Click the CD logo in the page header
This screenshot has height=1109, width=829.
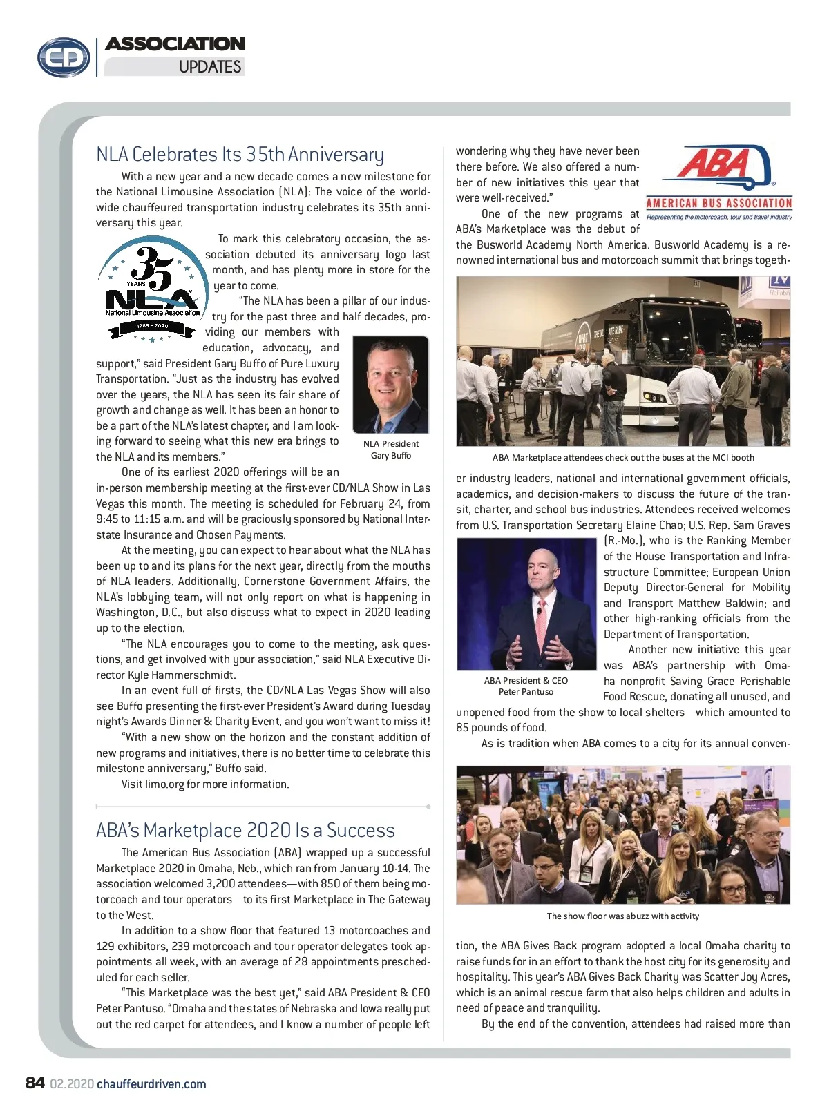pyautogui.click(x=64, y=57)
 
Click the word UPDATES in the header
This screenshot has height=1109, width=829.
pyautogui.click(x=209, y=67)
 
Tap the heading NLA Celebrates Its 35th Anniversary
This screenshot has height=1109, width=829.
pyautogui.click(x=240, y=154)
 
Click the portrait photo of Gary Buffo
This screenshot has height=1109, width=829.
pyautogui.click(x=390, y=385)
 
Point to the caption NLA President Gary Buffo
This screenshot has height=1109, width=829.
pyautogui.click(x=391, y=450)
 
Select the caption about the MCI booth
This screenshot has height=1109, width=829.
pyautogui.click(x=622, y=457)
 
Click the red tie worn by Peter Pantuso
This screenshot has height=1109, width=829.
pyautogui.click(x=541, y=615)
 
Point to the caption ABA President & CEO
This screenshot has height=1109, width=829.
pyautogui.click(x=526, y=680)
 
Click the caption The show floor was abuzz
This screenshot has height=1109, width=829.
pyautogui.click(x=622, y=916)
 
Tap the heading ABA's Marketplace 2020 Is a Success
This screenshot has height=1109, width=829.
pyautogui.click(x=245, y=830)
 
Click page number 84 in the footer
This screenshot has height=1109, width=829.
pyautogui.click(x=35, y=1083)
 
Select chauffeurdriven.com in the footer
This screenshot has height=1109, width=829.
pyautogui.click(x=151, y=1084)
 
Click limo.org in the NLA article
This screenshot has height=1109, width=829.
pyautogui.click(x=164, y=784)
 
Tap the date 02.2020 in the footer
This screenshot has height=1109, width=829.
pyautogui.click(x=72, y=1084)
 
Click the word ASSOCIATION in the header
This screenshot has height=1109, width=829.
pyautogui.click(x=175, y=44)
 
